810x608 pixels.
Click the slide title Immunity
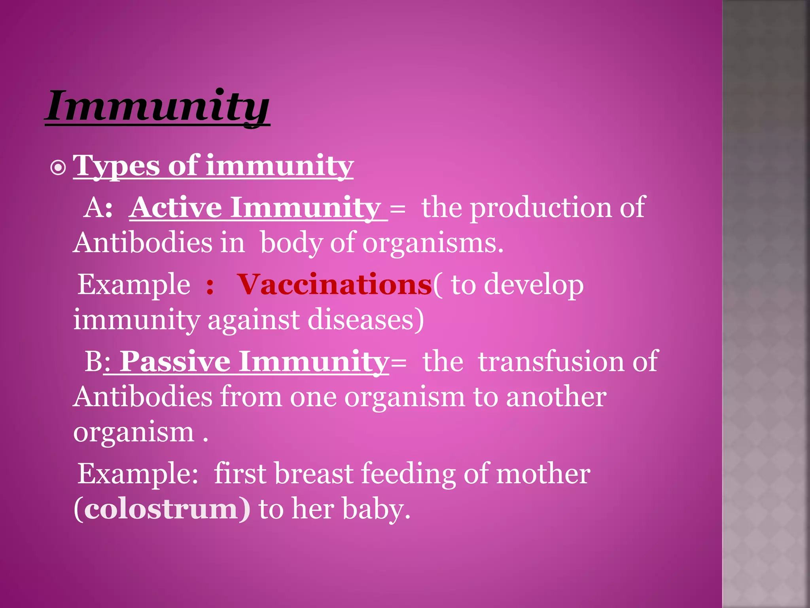pyautogui.click(x=157, y=106)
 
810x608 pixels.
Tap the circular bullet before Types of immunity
pyautogui.click(x=58, y=168)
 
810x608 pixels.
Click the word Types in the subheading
pyautogui.click(x=116, y=166)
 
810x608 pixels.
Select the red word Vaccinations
pyautogui.click(x=335, y=285)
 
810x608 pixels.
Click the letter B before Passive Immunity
pyautogui.click(x=93, y=361)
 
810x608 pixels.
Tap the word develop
pyautogui.click(x=534, y=285)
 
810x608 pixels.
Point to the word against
pyautogui.click(x=253, y=320)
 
